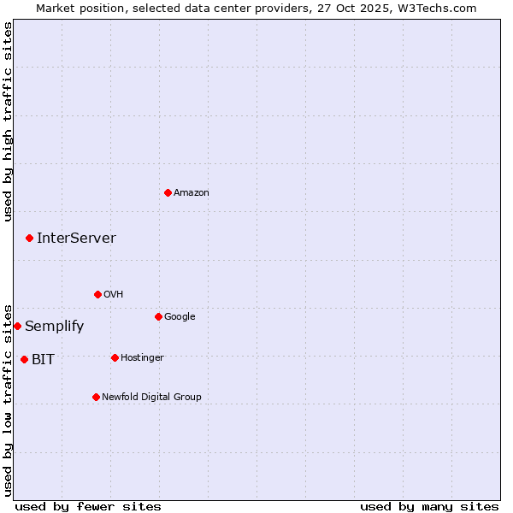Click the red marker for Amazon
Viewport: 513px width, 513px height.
point(168,192)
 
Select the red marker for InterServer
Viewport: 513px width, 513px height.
point(29,238)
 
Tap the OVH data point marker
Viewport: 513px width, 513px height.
point(97,294)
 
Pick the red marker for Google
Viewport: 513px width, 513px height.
point(158,316)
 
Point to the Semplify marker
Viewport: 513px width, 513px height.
point(17,326)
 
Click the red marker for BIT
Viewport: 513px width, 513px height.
point(24,359)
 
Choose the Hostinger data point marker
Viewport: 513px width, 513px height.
point(115,357)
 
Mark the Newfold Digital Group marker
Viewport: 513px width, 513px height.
point(96,397)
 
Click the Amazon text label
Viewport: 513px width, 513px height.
point(192,193)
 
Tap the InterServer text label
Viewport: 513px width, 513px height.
point(76,239)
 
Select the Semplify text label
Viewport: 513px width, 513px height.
point(54,327)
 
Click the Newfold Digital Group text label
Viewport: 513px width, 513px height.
point(151,398)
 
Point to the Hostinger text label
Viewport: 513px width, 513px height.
point(142,358)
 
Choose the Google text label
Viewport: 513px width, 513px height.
point(180,317)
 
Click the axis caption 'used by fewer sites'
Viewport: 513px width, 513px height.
point(88,507)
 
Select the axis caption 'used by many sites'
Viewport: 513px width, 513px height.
point(429,507)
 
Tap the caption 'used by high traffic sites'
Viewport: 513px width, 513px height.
point(8,121)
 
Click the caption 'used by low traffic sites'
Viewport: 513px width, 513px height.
point(8,399)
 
